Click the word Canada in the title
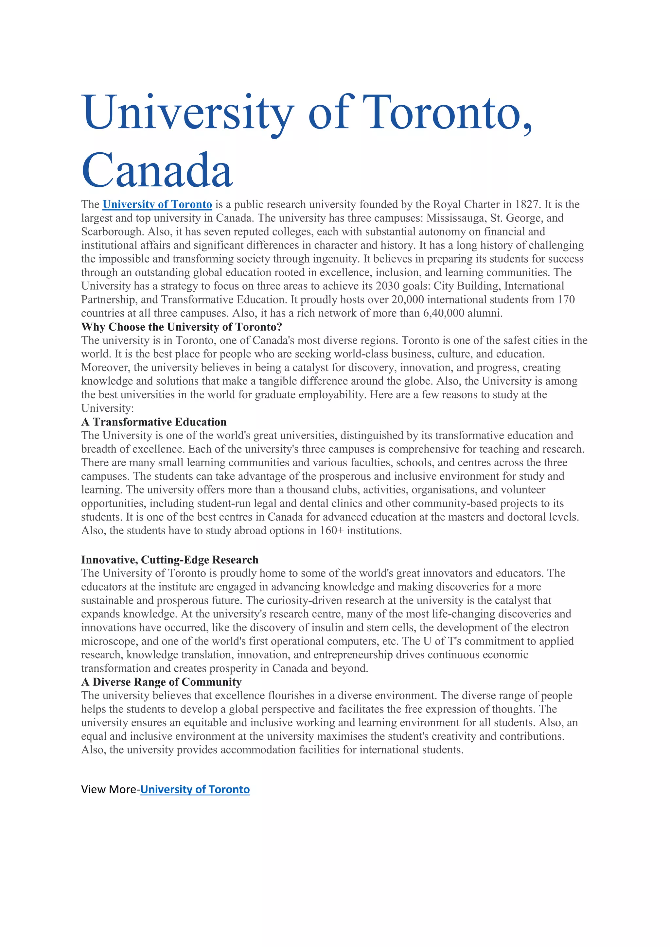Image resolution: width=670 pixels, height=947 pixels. point(157,170)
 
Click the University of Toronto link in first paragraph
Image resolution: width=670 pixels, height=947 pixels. point(157,205)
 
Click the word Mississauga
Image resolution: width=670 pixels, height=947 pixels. point(456,218)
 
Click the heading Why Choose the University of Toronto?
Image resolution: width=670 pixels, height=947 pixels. point(182,327)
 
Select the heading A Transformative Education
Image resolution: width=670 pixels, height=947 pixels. point(154,422)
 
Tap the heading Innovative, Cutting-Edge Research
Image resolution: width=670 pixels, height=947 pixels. point(169,560)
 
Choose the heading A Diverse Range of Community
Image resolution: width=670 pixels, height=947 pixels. point(161,682)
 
